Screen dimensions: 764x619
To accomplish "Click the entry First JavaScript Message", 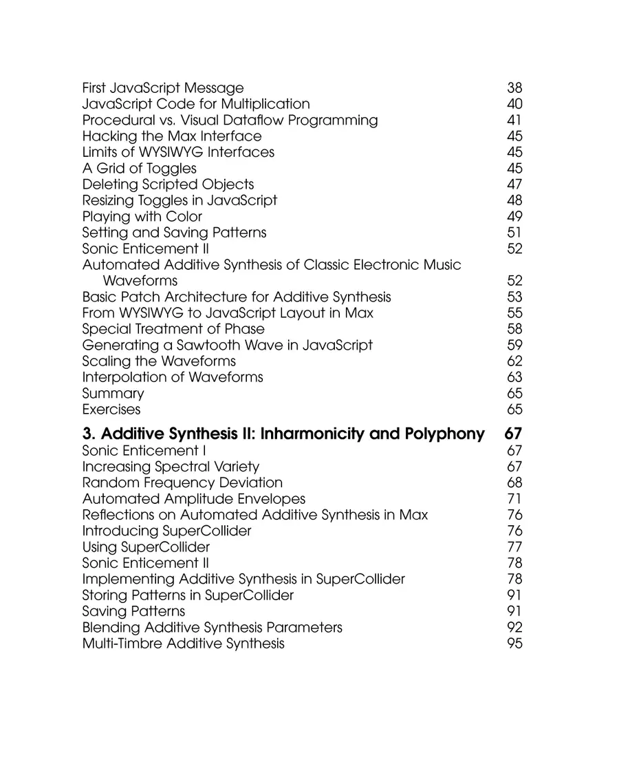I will (162, 88).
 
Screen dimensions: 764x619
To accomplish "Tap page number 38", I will (514, 88).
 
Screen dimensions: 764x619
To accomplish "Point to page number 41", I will (514, 120).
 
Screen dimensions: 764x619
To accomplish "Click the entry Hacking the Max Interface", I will (172, 136).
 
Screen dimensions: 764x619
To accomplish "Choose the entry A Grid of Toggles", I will (139, 169).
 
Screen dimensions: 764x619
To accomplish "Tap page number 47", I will (514, 184).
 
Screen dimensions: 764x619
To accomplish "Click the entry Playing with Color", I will (142, 217).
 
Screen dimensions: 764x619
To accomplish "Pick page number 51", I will (514, 233).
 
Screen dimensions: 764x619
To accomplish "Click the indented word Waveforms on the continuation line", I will (140, 281).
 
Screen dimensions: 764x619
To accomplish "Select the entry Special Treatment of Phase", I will (173, 329).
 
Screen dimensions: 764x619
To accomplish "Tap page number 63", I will (514, 377).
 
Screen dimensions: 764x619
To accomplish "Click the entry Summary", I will (113, 394).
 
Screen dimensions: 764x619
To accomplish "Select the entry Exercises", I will (111, 410).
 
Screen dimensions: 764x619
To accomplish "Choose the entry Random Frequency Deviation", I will (182, 483).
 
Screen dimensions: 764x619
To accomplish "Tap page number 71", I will (514, 499).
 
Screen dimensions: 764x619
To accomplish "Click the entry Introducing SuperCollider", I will (166, 531).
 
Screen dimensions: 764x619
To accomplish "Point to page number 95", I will (514, 644).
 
